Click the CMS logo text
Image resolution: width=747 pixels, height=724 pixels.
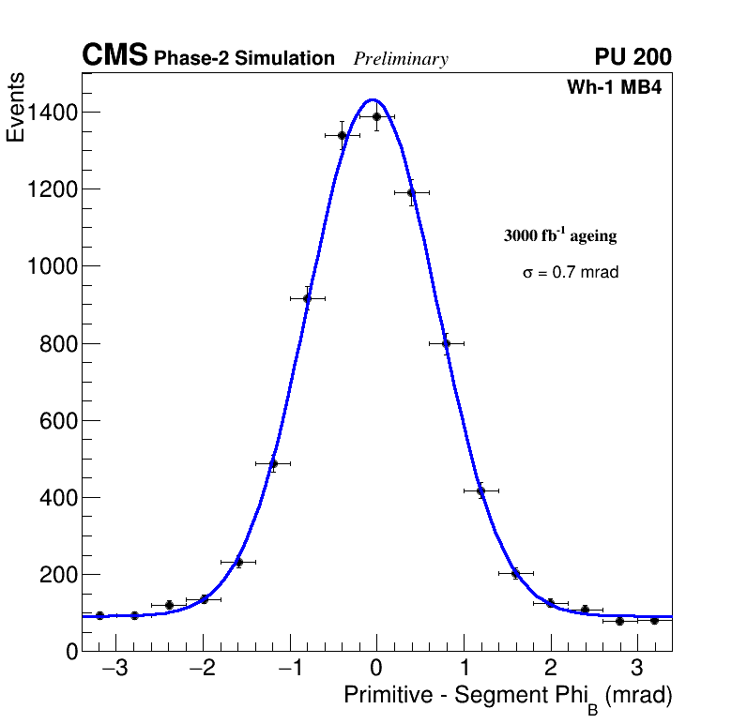(114, 56)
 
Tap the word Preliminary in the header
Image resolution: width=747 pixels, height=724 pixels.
(401, 59)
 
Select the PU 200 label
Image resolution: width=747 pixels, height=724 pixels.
(633, 57)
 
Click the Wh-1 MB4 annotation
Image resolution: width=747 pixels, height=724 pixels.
(615, 88)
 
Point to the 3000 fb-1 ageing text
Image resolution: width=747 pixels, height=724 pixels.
(560, 235)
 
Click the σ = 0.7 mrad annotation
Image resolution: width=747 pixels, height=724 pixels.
(571, 273)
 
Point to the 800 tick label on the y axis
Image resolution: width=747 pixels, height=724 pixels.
(57, 344)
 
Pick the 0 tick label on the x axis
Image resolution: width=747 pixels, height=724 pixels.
(376, 670)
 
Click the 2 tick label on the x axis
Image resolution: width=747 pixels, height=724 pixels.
(550, 670)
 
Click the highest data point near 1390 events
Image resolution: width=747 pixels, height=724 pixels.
(376, 117)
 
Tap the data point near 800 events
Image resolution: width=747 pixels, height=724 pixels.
(446, 343)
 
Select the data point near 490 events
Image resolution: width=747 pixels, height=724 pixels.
(273, 463)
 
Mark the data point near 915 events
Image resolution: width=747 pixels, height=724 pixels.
(307, 299)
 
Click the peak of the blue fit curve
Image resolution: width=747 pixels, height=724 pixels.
(373, 99)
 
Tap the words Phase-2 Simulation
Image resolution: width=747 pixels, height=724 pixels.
(244, 59)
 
